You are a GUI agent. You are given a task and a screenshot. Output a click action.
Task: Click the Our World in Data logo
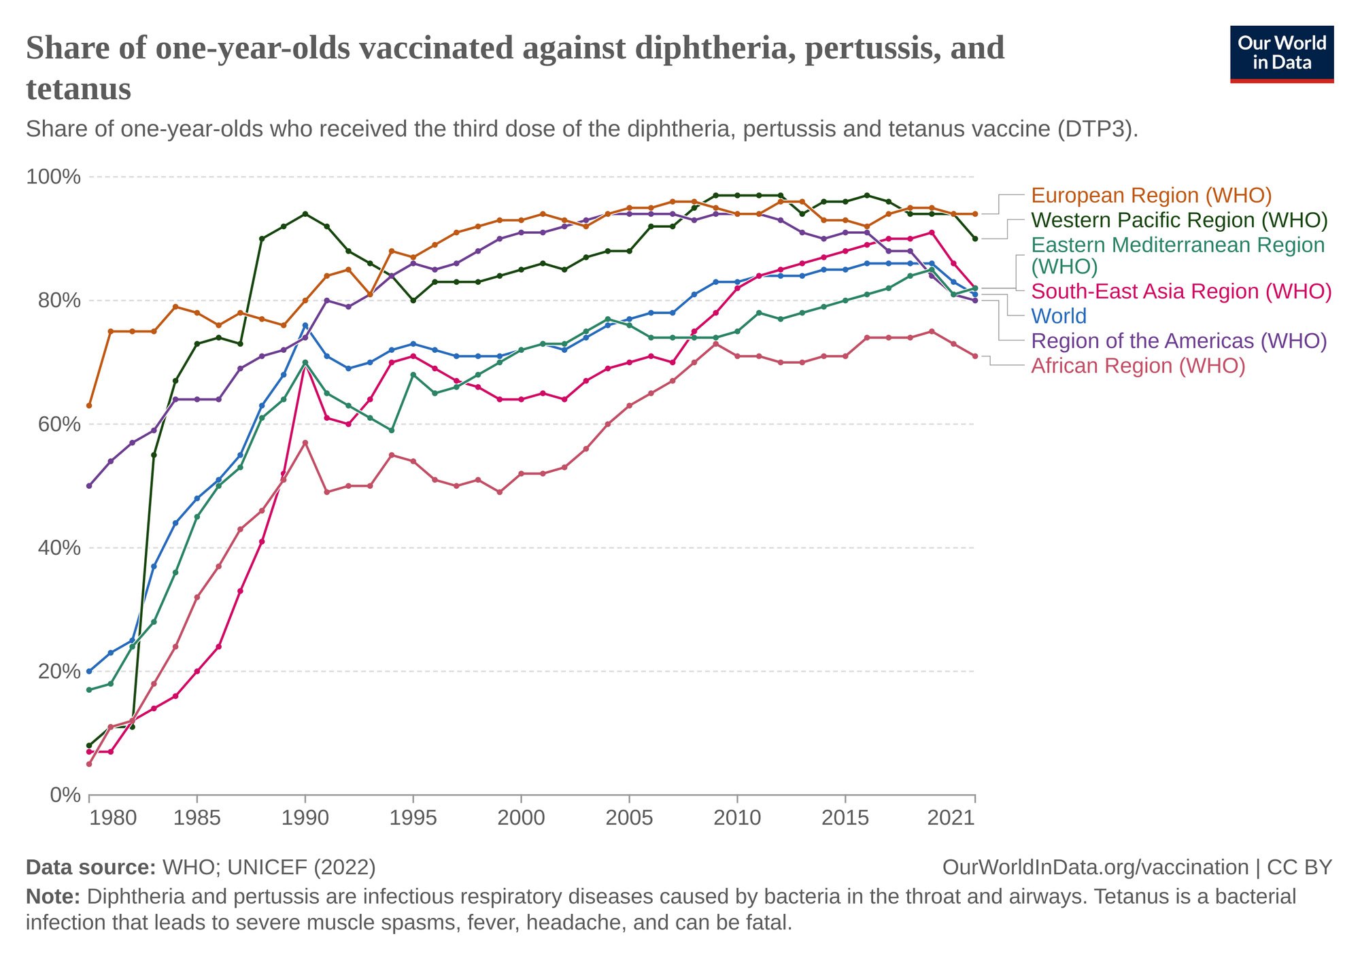click(1282, 54)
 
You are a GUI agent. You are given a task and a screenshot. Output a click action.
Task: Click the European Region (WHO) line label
click(1151, 196)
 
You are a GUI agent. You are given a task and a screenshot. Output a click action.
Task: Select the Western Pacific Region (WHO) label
click(1179, 220)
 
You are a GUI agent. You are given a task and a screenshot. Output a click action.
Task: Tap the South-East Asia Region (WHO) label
click(1181, 292)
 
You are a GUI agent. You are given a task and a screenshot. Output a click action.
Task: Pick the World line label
click(1059, 316)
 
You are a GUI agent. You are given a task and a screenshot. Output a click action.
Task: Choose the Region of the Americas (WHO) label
click(1179, 341)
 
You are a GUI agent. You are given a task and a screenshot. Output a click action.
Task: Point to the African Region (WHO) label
click(1138, 366)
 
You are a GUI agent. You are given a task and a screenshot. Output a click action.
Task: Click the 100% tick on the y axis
click(53, 177)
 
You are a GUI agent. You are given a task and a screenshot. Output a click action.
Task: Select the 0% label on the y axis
click(65, 795)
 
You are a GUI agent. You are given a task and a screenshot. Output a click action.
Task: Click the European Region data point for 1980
click(89, 406)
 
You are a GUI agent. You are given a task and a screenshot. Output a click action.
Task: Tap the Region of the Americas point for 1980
click(89, 486)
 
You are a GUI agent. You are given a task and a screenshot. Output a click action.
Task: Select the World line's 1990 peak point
click(305, 326)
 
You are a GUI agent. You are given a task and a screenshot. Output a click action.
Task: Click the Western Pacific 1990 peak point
click(305, 214)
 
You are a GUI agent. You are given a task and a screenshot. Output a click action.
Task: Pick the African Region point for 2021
click(975, 356)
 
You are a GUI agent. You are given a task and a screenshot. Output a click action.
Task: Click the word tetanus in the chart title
click(79, 89)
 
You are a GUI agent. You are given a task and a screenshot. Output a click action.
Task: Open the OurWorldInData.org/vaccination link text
click(1095, 868)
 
